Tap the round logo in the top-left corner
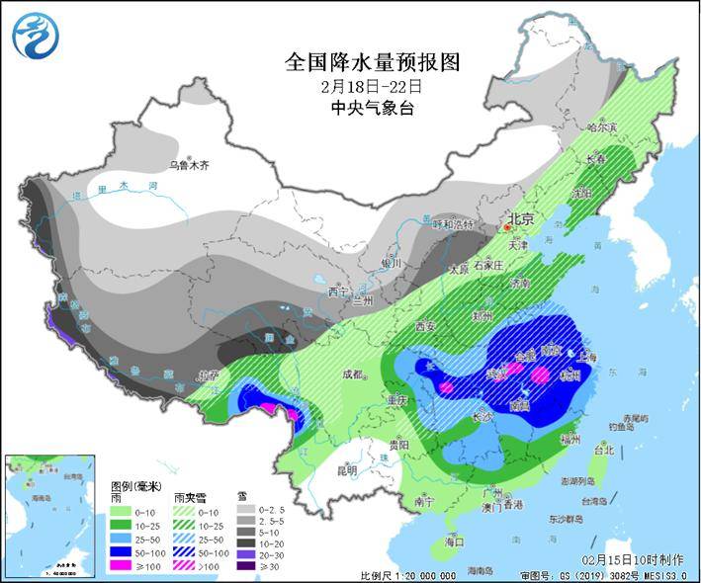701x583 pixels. (36, 35)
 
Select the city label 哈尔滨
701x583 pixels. (600, 127)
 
